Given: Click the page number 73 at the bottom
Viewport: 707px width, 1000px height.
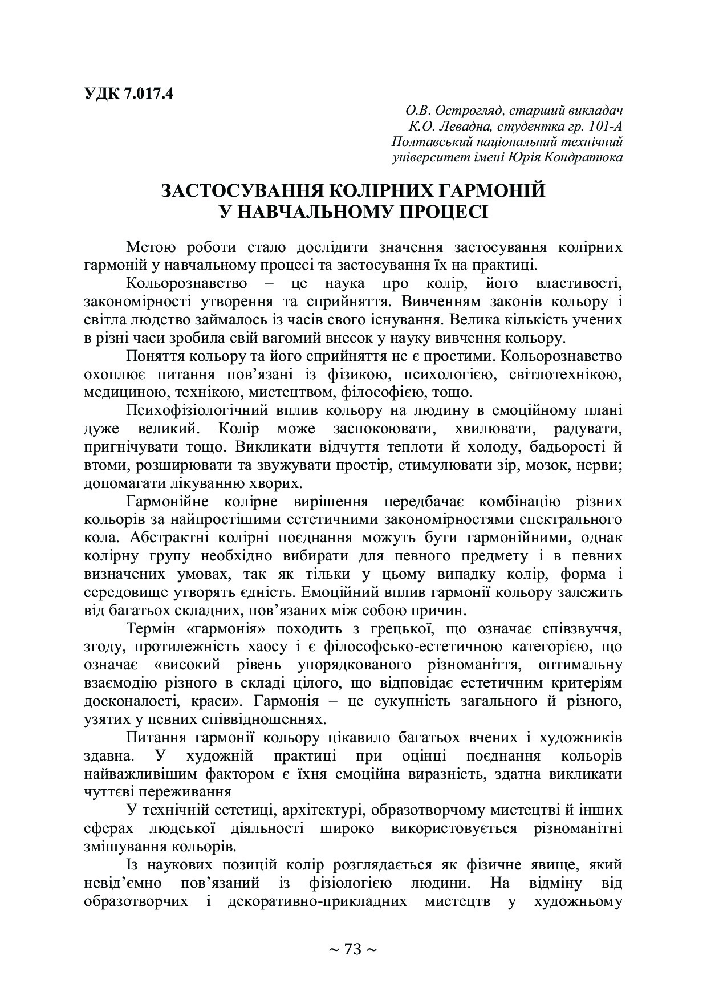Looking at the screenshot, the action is tap(353, 949).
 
